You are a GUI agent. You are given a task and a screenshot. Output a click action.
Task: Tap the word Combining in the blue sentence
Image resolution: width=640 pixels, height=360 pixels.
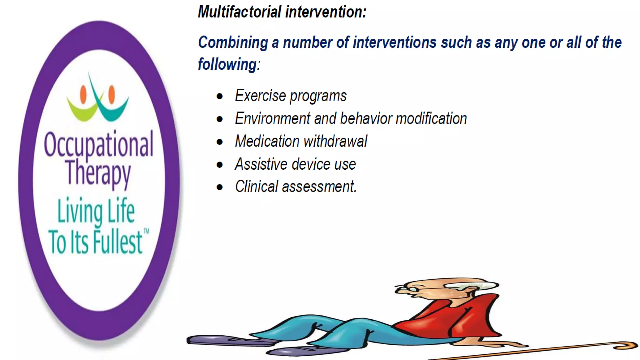click(x=233, y=42)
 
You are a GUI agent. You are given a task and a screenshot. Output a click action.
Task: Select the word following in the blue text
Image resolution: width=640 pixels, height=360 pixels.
click(x=227, y=64)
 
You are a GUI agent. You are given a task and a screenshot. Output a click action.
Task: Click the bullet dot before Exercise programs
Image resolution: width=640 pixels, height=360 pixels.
click(x=220, y=96)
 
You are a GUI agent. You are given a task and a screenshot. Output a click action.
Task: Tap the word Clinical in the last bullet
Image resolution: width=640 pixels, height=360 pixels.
click(x=256, y=187)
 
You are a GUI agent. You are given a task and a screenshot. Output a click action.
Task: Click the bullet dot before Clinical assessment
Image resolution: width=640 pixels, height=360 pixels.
click(x=220, y=187)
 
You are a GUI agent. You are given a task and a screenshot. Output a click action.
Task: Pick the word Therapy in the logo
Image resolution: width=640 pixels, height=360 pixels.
click(x=98, y=173)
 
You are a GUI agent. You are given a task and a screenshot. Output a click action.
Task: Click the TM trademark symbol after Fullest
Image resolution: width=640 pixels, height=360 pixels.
click(x=146, y=232)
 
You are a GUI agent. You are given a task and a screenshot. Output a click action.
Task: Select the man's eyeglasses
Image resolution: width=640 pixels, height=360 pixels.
click(x=406, y=289)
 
